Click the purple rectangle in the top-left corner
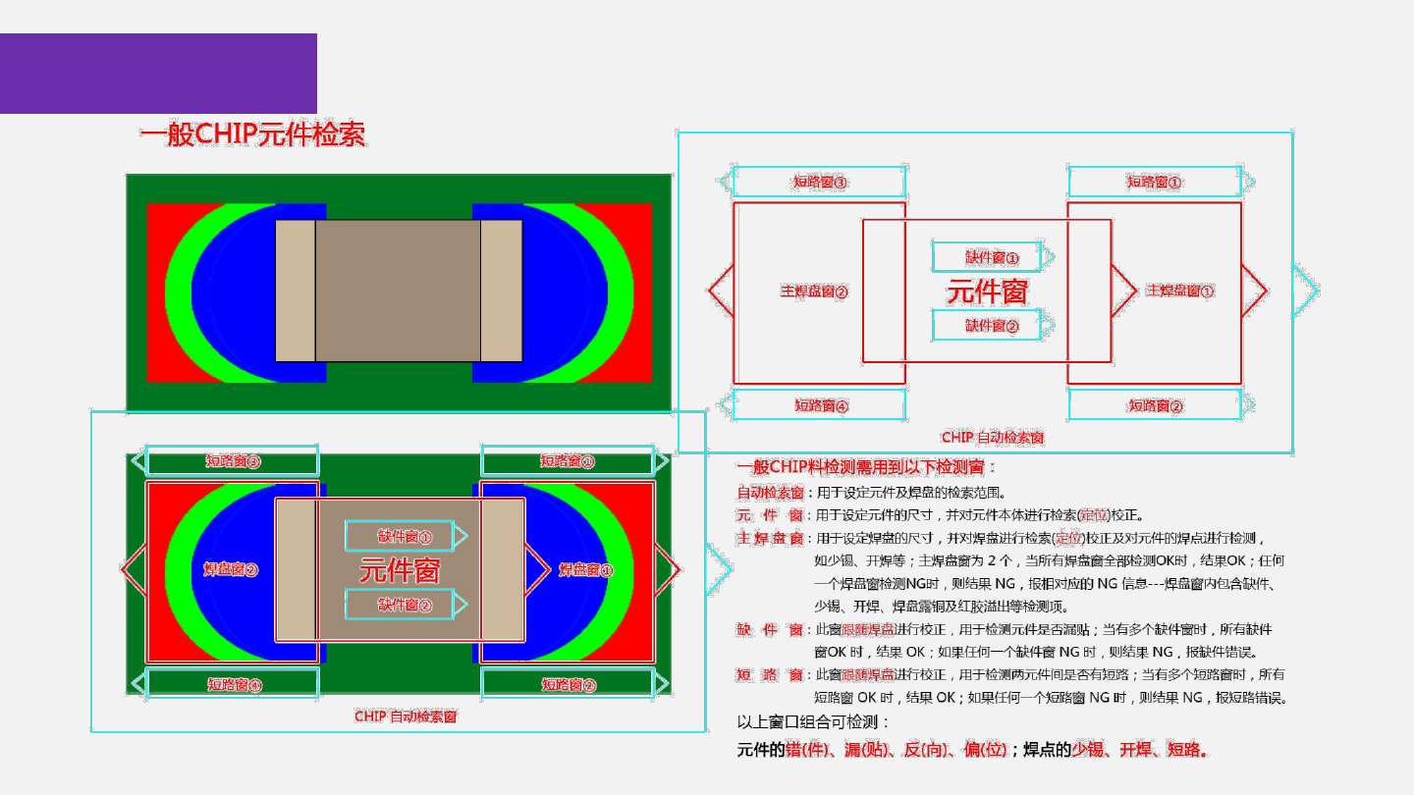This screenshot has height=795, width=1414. pyautogui.click(x=158, y=74)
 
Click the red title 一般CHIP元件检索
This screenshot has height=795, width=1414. pyautogui.click(x=252, y=134)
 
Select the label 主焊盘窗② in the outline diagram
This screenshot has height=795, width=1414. pyautogui.click(x=814, y=291)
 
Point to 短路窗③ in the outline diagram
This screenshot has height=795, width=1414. pyautogui.click(x=820, y=182)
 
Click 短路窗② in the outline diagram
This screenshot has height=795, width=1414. pyautogui.click(x=1155, y=405)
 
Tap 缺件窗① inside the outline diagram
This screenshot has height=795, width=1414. pyautogui.click(x=992, y=257)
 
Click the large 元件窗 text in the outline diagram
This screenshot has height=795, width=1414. pyautogui.click(x=987, y=291)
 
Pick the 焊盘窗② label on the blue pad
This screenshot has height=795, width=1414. pyautogui.click(x=231, y=569)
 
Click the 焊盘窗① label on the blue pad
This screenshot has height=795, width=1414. pyautogui.click(x=586, y=569)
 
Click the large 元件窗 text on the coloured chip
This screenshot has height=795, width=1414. pyautogui.click(x=400, y=569)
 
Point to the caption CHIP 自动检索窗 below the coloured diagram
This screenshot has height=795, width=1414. pyautogui.click(x=406, y=716)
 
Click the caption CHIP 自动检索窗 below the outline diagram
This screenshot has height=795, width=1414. pyautogui.click(x=992, y=437)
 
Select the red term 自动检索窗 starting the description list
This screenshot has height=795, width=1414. pyautogui.click(x=771, y=493)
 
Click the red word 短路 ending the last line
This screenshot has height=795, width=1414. pyautogui.click(x=1186, y=750)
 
